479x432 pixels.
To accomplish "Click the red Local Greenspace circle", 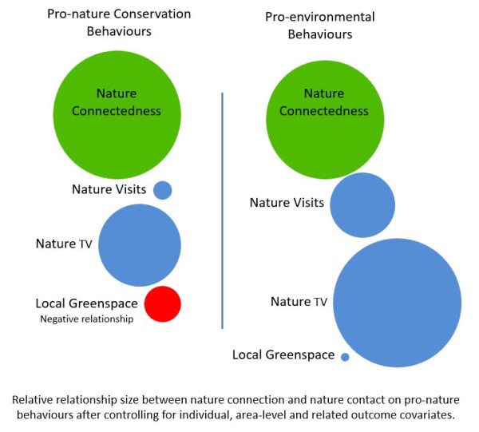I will click(162, 303).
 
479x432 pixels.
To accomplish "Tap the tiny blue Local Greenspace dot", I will click(345, 357).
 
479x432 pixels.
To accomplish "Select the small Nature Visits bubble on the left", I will click(162, 190).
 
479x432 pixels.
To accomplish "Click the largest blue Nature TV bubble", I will click(397, 303).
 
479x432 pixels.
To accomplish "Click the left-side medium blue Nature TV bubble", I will click(140, 245).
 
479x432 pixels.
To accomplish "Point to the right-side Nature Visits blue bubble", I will click(362, 205).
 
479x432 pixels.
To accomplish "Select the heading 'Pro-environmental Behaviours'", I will click(307, 26).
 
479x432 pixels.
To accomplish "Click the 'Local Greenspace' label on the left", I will click(86, 303).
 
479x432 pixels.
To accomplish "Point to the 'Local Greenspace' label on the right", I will click(283, 355).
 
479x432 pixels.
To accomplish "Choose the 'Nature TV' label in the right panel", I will click(299, 301).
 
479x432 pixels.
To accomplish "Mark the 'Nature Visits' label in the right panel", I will click(287, 203).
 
